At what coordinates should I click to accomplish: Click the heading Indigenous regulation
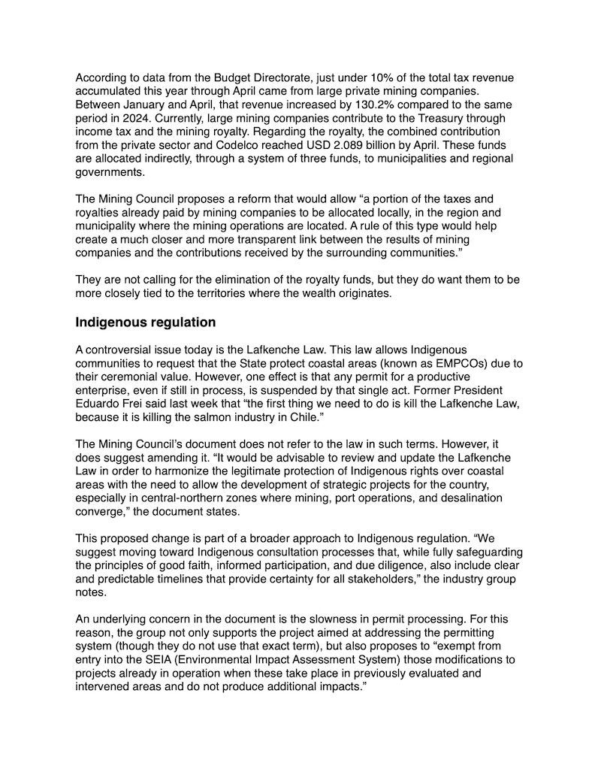click(x=145, y=322)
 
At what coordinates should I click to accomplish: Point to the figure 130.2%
click(x=328, y=106)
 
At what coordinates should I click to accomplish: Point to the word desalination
click(x=448, y=499)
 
